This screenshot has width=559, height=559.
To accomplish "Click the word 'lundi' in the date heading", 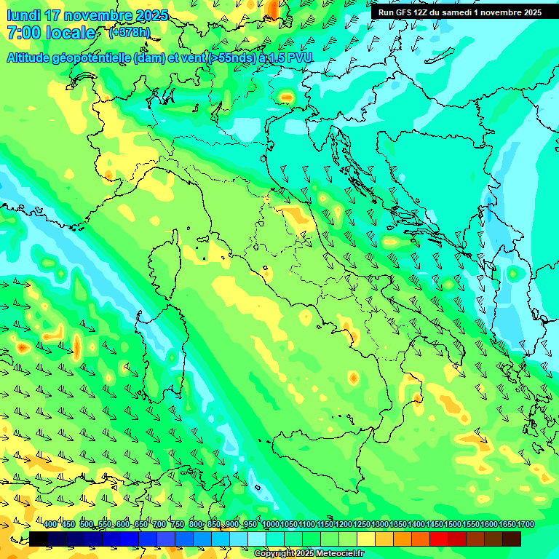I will pos(23,15).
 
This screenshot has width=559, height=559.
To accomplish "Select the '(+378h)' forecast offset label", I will pos(129,33).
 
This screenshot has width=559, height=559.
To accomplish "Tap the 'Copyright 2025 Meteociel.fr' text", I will pos(309,554).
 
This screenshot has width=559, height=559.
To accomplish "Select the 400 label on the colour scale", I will pos(50,525).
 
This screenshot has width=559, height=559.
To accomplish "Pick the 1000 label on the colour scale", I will pos(271,525).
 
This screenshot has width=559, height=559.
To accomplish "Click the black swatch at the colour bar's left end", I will pos(39,539).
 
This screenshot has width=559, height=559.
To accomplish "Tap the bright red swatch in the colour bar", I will pos(439,539).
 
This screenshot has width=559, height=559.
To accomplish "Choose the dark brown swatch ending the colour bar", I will pos(512,539).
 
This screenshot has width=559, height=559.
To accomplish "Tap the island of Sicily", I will pos(320,459).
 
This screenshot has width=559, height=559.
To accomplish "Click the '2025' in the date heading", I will pos(151,15).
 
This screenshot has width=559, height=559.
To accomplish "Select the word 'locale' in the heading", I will pos(71,33).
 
